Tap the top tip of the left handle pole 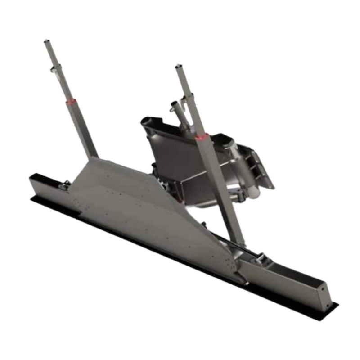tap(46, 42)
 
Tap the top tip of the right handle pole tap(178, 67)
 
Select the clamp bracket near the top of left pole tap(56, 68)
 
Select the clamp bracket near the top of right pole tap(189, 97)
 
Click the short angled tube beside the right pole tap(176, 108)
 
